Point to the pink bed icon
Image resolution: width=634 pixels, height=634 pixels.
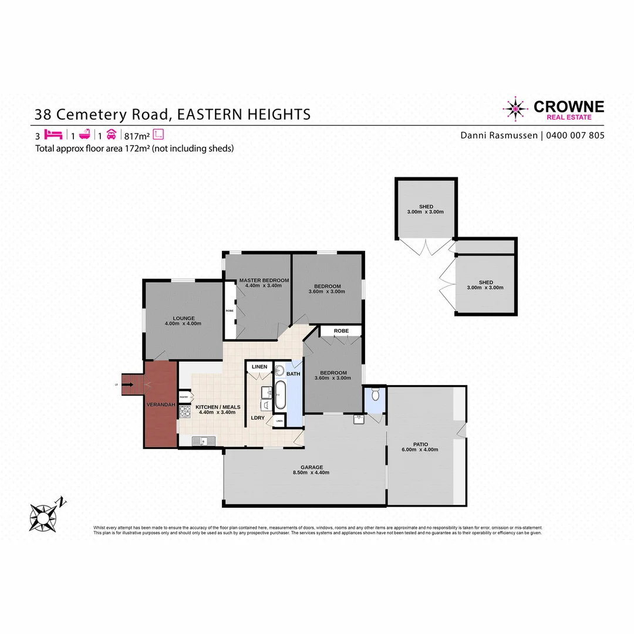coord(53,134)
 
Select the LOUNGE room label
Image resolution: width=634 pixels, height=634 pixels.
coord(183,318)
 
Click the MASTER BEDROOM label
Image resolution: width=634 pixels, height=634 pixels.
coord(264,281)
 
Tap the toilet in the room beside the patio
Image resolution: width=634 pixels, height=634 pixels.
coord(375,396)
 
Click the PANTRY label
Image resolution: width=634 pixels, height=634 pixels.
coord(184,397)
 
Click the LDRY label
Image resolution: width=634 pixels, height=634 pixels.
coord(258,418)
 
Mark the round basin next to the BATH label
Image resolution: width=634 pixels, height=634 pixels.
coord(280,370)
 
